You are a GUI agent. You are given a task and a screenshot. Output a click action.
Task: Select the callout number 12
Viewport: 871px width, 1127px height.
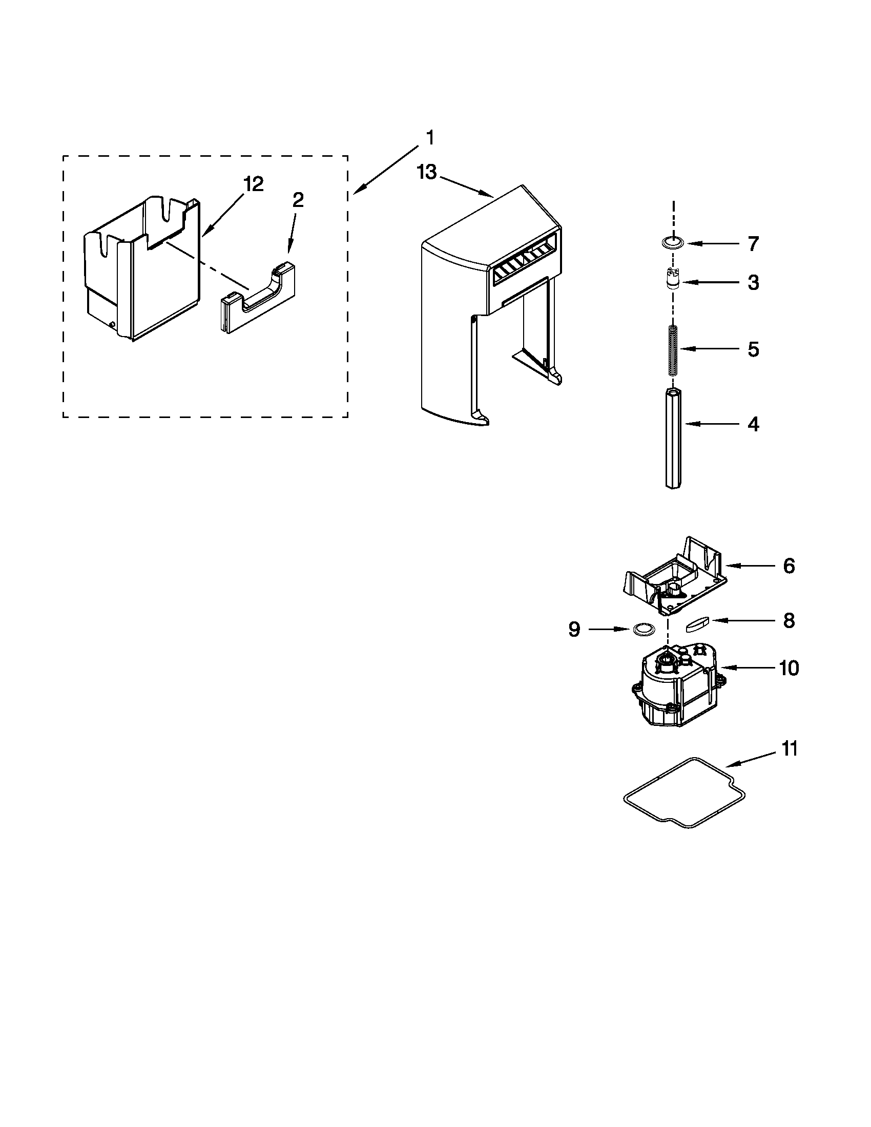[254, 184]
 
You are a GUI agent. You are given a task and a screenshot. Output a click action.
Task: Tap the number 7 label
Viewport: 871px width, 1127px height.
[753, 243]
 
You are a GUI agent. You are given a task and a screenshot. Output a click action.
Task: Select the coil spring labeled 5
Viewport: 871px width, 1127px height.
[672, 350]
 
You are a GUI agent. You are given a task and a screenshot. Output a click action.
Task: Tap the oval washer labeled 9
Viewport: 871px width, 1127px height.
[642, 629]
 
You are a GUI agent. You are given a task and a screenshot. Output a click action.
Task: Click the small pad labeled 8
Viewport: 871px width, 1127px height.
[699, 624]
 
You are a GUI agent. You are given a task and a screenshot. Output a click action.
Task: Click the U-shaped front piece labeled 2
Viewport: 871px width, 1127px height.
[258, 304]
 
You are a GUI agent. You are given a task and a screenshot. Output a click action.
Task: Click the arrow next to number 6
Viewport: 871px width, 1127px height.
[751, 566]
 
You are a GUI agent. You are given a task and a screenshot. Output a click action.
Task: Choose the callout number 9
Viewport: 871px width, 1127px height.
[574, 629]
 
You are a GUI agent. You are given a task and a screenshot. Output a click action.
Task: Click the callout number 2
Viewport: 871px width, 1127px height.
[298, 200]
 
